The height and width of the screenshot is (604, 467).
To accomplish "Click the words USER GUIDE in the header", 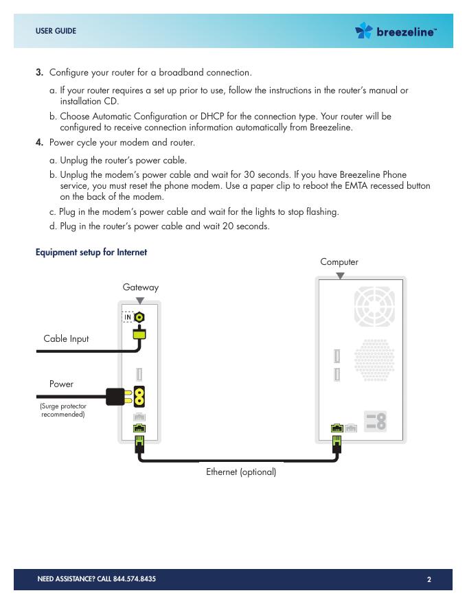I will (56, 31).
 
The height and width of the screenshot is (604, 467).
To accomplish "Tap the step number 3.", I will (40, 72).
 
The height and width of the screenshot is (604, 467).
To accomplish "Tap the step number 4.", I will (40, 143).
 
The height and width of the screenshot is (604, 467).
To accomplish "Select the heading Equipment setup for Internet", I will (91, 253).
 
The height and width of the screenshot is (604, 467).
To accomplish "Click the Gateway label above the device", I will (140, 287).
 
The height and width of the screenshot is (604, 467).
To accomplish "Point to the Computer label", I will (339, 262).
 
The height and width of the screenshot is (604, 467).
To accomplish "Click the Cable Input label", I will (66, 338).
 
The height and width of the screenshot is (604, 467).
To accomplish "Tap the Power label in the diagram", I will (61, 384).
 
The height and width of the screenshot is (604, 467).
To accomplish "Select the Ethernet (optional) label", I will (241, 472).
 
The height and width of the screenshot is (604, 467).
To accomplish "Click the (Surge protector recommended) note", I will (63, 410).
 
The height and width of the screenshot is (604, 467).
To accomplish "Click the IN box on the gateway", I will (128, 316).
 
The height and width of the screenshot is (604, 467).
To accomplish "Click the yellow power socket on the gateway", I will (140, 396).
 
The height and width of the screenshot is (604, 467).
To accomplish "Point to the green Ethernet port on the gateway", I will (139, 430).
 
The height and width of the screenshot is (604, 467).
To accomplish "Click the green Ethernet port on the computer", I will (337, 429).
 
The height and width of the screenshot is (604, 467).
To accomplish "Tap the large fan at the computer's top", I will (374, 306).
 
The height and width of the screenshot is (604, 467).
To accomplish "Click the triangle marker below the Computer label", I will (340, 276).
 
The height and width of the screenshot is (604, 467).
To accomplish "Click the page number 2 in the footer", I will (429, 579).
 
